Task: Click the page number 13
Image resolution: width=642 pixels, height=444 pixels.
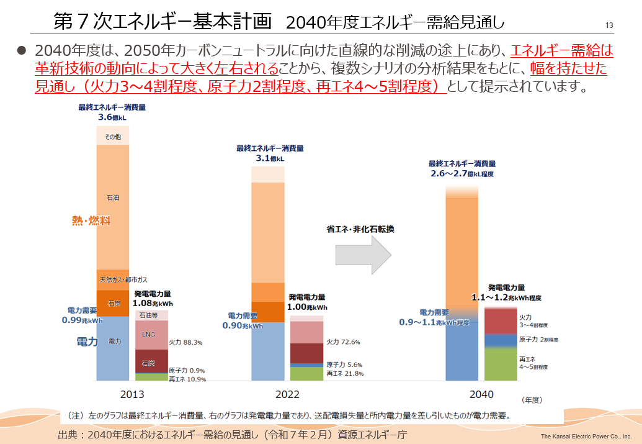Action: coord(609,25)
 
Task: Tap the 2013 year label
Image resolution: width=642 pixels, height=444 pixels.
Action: coord(132,394)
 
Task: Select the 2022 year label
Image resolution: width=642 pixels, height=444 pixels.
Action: coord(288,394)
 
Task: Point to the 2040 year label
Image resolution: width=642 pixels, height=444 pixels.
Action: coord(481,394)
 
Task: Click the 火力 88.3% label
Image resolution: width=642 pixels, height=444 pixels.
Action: coord(185,342)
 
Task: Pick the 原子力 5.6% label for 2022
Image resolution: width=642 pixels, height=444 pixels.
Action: coord(344,365)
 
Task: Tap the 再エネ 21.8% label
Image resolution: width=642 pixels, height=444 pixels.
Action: coord(344,373)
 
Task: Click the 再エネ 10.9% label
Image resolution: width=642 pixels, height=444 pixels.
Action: coord(187,378)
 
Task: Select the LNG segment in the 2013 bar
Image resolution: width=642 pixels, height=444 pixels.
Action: coord(149,335)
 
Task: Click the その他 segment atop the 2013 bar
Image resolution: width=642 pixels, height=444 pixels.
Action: coord(113,136)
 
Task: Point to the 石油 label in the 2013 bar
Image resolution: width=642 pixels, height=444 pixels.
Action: coord(113,197)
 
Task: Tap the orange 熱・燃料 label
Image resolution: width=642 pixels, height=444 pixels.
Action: coord(91,220)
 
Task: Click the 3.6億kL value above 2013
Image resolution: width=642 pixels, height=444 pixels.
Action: coord(112,116)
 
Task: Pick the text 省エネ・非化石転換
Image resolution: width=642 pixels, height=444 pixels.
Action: coord(361,229)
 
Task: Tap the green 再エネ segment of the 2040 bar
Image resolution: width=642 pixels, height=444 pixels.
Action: coord(500,363)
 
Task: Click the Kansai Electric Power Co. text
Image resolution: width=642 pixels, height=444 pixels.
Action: coord(586,436)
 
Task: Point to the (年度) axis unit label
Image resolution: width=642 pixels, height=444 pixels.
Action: coord(532,401)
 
